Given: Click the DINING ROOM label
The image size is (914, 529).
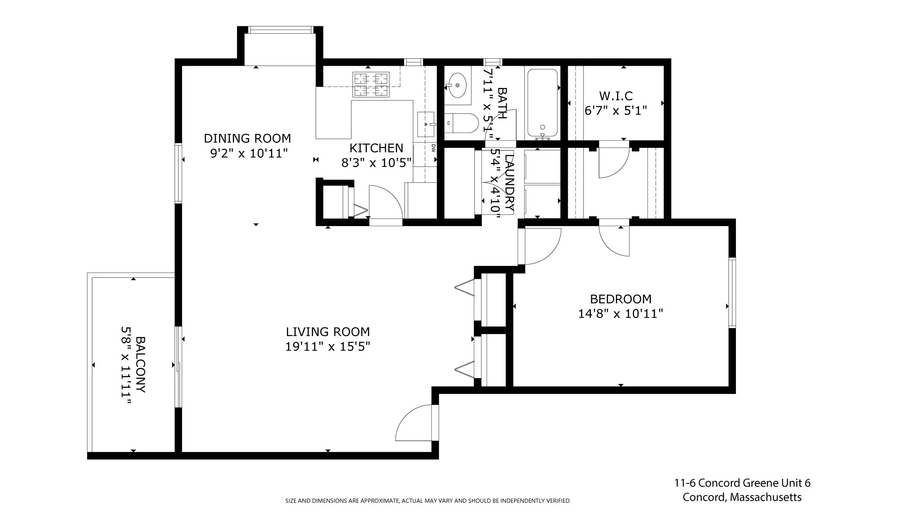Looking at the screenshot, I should (247, 138).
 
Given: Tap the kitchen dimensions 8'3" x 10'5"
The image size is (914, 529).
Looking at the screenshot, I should (376, 163).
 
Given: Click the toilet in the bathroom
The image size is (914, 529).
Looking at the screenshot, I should (461, 123).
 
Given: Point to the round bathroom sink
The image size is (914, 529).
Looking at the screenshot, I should (457, 85).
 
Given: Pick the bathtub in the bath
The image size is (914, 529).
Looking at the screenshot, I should (543, 103).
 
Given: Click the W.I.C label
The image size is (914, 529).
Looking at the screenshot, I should (616, 96).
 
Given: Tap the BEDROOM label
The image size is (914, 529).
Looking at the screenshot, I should (620, 299).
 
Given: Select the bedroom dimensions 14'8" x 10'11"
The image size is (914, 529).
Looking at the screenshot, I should (620, 314).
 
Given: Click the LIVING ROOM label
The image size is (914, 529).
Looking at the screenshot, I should (328, 332).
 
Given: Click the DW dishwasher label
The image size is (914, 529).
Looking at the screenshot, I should (433, 148).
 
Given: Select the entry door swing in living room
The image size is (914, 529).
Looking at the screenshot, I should (415, 423).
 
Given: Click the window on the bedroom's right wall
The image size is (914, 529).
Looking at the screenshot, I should (732, 292).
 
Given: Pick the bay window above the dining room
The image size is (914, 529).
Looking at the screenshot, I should (280, 30).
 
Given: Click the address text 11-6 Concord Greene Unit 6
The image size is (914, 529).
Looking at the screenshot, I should (742, 483).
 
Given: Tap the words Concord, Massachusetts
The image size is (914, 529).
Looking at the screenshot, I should (742, 497).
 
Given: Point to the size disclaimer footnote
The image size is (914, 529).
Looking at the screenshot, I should (428, 501).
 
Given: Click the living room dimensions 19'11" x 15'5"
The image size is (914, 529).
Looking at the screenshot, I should (328, 346).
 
